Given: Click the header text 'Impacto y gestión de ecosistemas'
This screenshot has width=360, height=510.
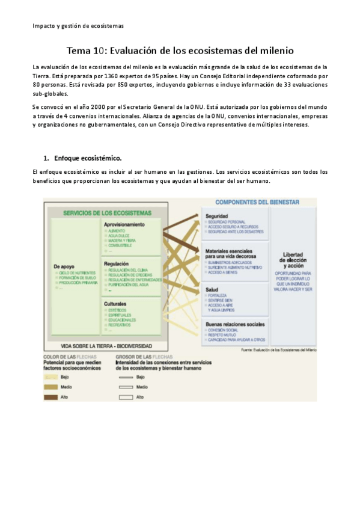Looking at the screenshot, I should [x=78, y=26].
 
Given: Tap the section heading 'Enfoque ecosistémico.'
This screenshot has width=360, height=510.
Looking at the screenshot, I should [x=88, y=158].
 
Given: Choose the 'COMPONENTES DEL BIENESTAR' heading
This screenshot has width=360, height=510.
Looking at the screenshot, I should [x=257, y=203].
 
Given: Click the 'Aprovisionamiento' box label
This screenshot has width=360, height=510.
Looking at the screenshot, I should [x=124, y=224].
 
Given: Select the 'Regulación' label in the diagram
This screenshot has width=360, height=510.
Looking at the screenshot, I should [x=117, y=263].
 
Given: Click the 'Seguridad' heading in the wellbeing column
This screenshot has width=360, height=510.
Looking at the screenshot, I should [x=217, y=216].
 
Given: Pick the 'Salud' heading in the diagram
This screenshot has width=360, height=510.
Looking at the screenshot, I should [x=212, y=289].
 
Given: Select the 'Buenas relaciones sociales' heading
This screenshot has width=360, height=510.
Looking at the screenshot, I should [x=234, y=324].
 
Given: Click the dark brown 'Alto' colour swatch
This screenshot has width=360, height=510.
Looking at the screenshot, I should [x=50, y=397].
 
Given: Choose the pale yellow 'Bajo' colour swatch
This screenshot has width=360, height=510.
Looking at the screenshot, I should [x=50, y=376].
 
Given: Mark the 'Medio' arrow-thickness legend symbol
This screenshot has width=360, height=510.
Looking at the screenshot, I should [x=125, y=387].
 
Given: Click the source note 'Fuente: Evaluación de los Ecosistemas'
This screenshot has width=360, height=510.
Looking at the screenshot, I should [x=278, y=349].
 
